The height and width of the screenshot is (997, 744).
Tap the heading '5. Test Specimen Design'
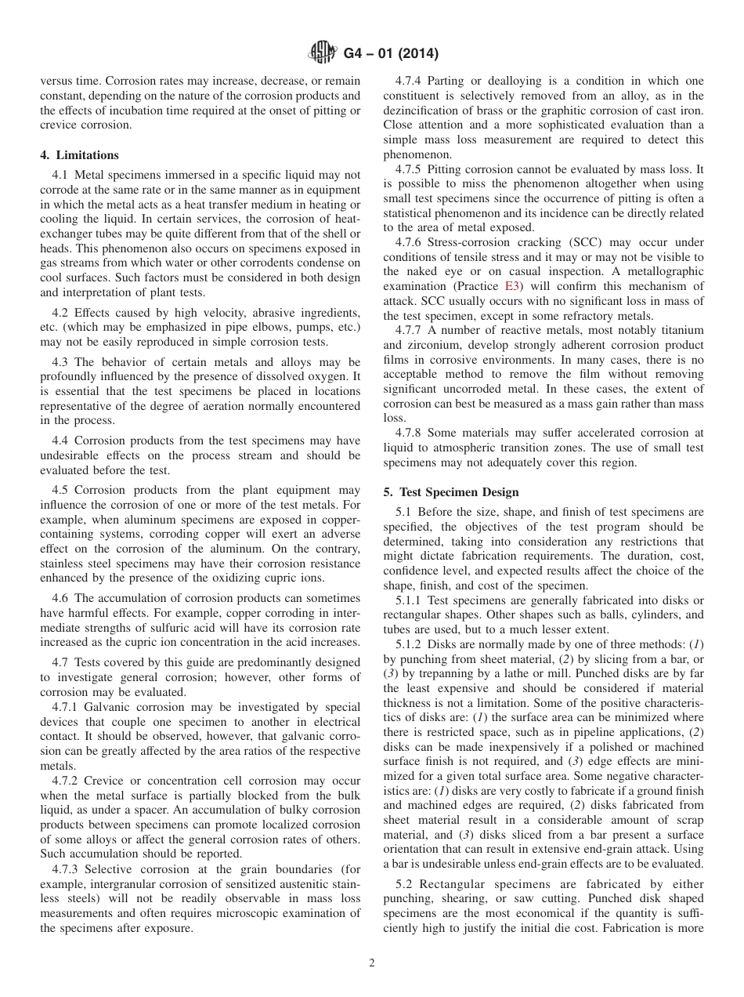(451, 492)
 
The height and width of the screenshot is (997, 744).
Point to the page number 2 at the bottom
(372, 963)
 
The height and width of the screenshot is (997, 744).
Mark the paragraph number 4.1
(60, 174)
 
